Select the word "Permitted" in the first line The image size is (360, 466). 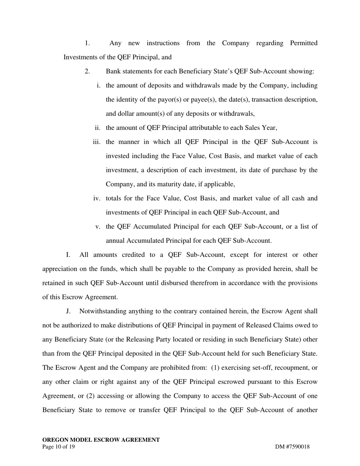(304, 43)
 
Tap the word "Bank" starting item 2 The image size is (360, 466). (113, 72)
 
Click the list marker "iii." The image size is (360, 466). (97, 142)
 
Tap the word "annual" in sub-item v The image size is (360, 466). (115, 241)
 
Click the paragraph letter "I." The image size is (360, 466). (68, 255)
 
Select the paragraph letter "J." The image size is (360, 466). (68, 311)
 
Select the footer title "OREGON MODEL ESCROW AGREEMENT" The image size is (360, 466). (101, 440)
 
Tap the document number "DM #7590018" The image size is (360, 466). (292, 447)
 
